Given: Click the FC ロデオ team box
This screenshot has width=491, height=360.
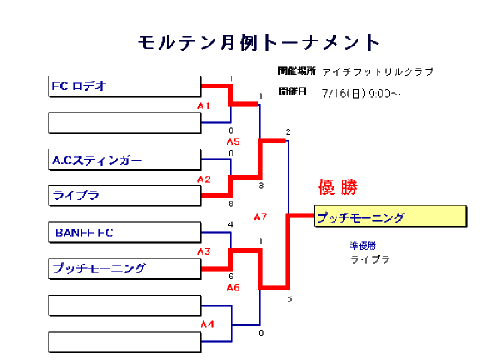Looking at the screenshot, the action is (x=124, y=87).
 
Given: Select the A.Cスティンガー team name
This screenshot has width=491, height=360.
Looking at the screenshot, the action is (x=97, y=160).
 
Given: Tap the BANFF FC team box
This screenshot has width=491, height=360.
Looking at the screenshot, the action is (x=124, y=233).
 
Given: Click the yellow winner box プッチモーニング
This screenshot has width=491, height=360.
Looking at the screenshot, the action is (x=391, y=217).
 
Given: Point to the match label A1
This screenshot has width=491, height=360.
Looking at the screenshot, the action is (x=203, y=107).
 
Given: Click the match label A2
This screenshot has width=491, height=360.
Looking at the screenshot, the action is (x=204, y=180).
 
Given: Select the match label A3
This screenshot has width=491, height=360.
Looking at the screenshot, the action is (x=204, y=252).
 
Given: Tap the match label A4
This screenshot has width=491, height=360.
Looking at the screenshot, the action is (x=207, y=324).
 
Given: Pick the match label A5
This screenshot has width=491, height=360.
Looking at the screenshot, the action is (x=233, y=142).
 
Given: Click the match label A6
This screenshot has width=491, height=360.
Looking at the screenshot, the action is (x=233, y=288).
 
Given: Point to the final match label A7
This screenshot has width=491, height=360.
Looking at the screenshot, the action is (x=260, y=217).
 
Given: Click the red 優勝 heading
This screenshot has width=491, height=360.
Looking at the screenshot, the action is (x=338, y=187).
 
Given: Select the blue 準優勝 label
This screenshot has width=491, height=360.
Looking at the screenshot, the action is (x=362, y=246).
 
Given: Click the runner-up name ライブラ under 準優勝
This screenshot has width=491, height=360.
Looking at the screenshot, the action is (x=370, y=259).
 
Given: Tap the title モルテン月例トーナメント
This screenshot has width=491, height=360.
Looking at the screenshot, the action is (x=259, y=43).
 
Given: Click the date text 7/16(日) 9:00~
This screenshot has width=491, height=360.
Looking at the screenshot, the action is (x=361, y=94).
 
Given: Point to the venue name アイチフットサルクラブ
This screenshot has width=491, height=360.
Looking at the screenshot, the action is (x=378, y=72).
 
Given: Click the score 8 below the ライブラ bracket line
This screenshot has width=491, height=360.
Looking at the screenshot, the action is (x=231, y=204).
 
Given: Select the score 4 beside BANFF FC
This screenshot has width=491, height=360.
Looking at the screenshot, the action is (x=231, y=224).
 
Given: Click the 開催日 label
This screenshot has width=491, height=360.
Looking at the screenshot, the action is (x=292, y=91).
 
